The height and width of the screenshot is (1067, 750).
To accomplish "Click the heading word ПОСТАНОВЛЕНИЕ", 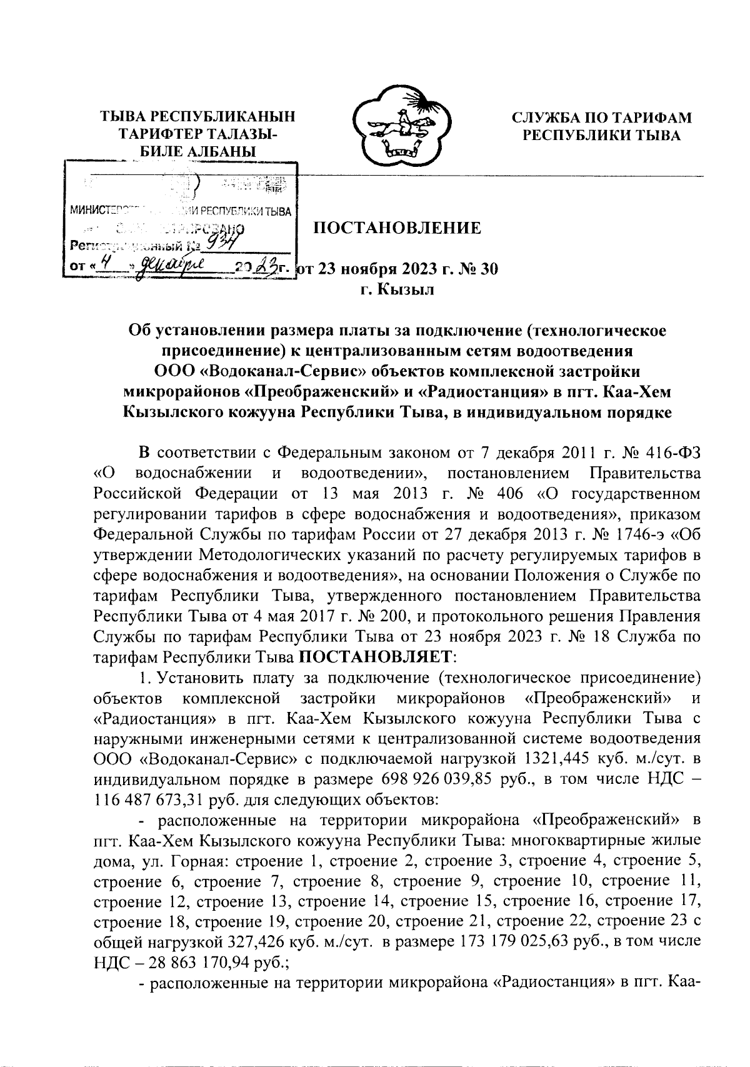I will point(397,228).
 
